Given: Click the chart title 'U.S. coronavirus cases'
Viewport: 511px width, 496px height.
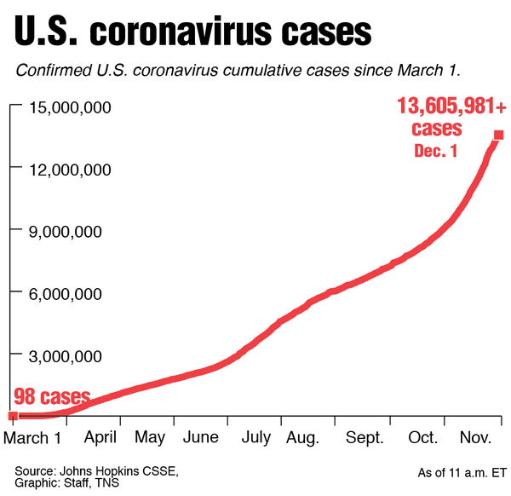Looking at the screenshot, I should pos(193,32).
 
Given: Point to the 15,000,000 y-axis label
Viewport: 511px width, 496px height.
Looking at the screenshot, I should pos(78,107).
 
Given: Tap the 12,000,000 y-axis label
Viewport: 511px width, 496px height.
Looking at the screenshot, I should pos(78,170).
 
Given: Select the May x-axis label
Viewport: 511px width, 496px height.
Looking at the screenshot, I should pos(150,438).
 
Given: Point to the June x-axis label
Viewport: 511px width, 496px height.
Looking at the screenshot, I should pos(201,438).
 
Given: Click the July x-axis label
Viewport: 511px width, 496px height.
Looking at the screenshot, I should pos(256,438).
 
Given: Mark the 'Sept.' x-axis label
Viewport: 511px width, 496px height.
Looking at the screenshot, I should pos(365,438).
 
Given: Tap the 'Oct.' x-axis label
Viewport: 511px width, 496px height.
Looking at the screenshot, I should pos(423,438).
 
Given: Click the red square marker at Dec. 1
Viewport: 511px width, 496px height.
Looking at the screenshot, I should pos(498,135).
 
